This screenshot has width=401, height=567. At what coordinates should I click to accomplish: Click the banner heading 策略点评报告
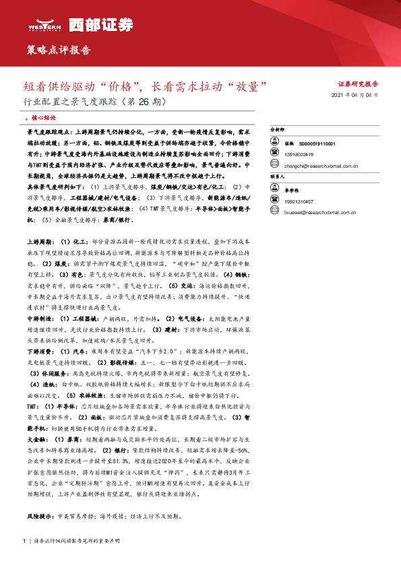tap(57, 50)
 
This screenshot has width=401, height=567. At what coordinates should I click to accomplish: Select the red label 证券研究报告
tap(358, 84)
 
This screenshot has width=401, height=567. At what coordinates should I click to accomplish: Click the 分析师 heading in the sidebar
tap(278, 127)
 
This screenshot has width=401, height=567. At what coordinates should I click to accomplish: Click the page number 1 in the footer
tap(24, 541)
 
